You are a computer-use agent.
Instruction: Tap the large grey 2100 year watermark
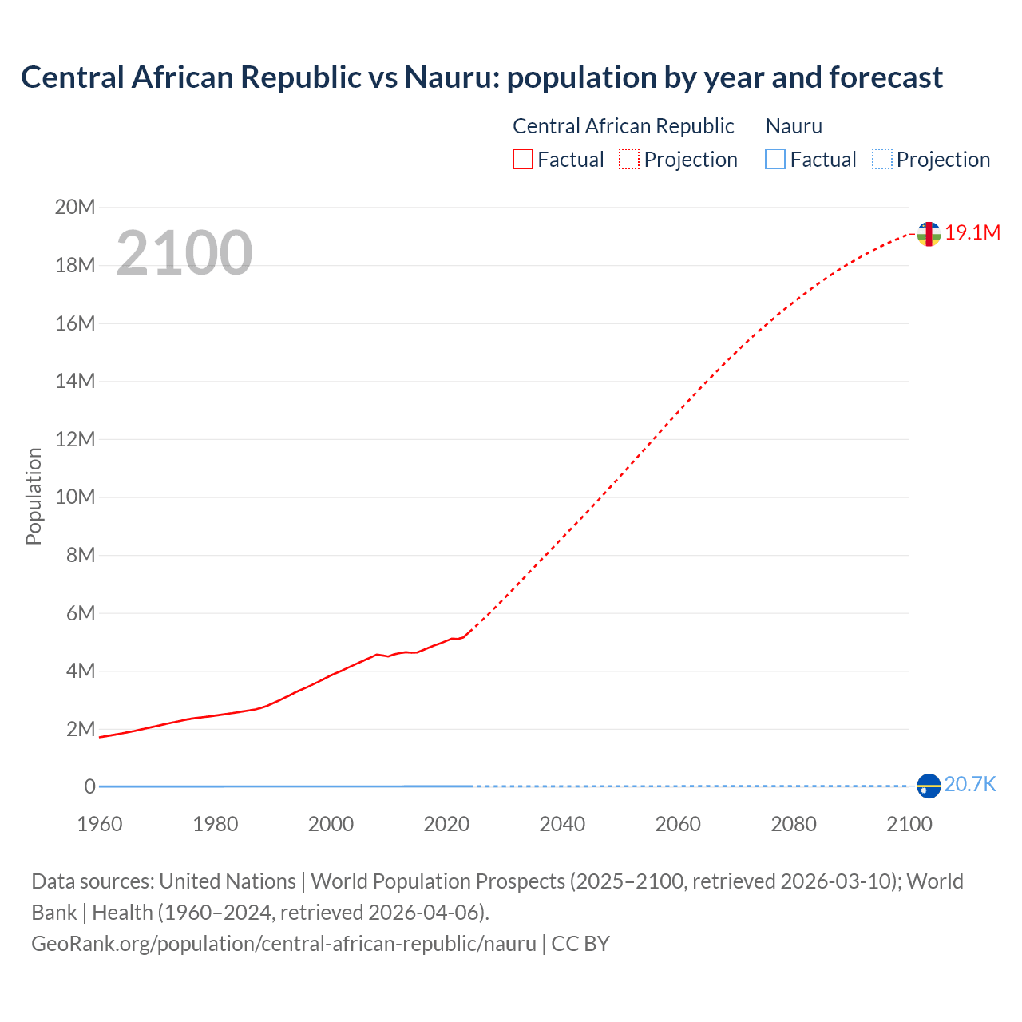[184, 253]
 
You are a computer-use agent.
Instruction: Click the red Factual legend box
[522, 160]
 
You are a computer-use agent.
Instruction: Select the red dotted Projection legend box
[629, 160]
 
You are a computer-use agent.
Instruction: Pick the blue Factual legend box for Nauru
[775, 160]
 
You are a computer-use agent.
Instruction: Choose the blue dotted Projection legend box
[882, 160]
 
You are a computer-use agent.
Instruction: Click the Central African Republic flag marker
[928, 234]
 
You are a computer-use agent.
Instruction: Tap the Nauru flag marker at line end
[929, 786]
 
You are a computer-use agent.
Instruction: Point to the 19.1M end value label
[972, 232]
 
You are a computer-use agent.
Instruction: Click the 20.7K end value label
[970, 785]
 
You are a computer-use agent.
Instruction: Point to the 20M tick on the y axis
[75, 208]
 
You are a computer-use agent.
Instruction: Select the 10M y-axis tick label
[75, 497]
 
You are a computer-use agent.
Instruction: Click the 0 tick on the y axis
[89, 787]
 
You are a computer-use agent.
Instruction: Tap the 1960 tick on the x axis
[100, 824]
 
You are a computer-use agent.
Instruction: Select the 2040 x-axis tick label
[562, 824]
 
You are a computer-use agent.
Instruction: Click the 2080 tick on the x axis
[794, 824]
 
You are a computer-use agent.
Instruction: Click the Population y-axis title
[34, 497]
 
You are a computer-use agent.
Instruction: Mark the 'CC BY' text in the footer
[580, 944]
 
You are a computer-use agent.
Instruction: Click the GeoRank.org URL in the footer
[283, 944]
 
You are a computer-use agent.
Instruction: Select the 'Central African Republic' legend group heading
[623, 126]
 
